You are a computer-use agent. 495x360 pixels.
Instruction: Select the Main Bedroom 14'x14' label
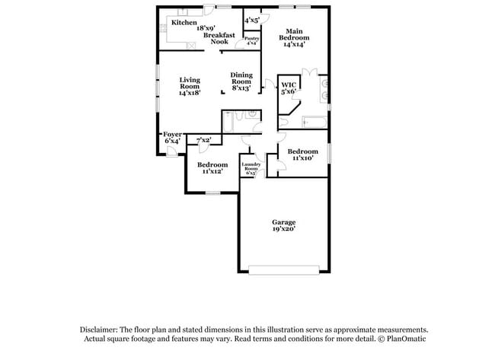[x=293, y=40]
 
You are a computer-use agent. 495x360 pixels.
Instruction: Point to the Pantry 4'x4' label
[x=251, y=40]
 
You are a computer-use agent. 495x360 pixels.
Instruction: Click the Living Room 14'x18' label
[x=190, y=85]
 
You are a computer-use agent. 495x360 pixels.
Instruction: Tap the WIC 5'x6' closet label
[x=288, y=88]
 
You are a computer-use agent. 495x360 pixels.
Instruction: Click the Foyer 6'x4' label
[x=172, y=138]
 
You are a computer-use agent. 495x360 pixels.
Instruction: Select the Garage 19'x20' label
[x=283, y=225]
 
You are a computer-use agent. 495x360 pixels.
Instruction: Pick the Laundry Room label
[x=251, y=167]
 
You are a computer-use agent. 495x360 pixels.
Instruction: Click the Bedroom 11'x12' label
[x=212, y=168]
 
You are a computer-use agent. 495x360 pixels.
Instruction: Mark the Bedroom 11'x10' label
[x=302, y=155]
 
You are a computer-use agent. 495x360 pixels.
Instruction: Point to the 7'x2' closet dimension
[x=204, y=140]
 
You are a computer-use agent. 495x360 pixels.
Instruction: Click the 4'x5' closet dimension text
[x=252, y=19]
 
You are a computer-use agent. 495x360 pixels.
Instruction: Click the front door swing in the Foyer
[x=172, y=151]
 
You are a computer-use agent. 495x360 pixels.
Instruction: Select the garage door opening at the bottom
[x=284, y=269]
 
